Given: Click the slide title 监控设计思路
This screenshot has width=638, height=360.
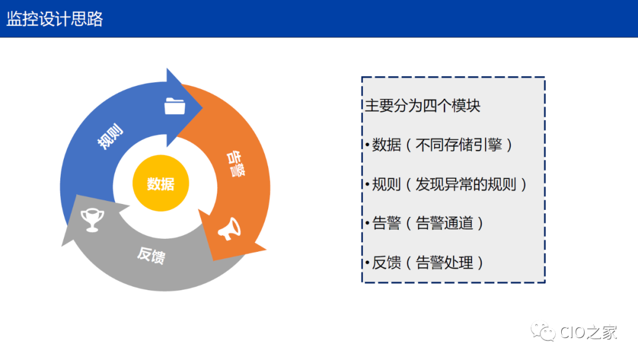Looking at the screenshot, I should point(55,19).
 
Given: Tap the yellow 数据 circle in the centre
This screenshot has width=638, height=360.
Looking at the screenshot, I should point(161,184).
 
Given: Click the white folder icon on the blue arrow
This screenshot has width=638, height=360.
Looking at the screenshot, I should point(175,106).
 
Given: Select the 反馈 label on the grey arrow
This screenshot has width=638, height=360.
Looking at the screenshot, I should point(151,255).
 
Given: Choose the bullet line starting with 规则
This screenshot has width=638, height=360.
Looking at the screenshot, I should point(445,184).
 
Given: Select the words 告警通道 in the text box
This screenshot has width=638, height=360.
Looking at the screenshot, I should point(445,223).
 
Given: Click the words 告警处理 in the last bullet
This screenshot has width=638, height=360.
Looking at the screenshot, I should point(445,262).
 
